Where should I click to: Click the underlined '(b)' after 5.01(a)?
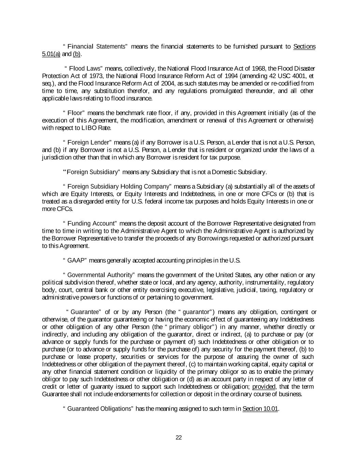tap(76, 54)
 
